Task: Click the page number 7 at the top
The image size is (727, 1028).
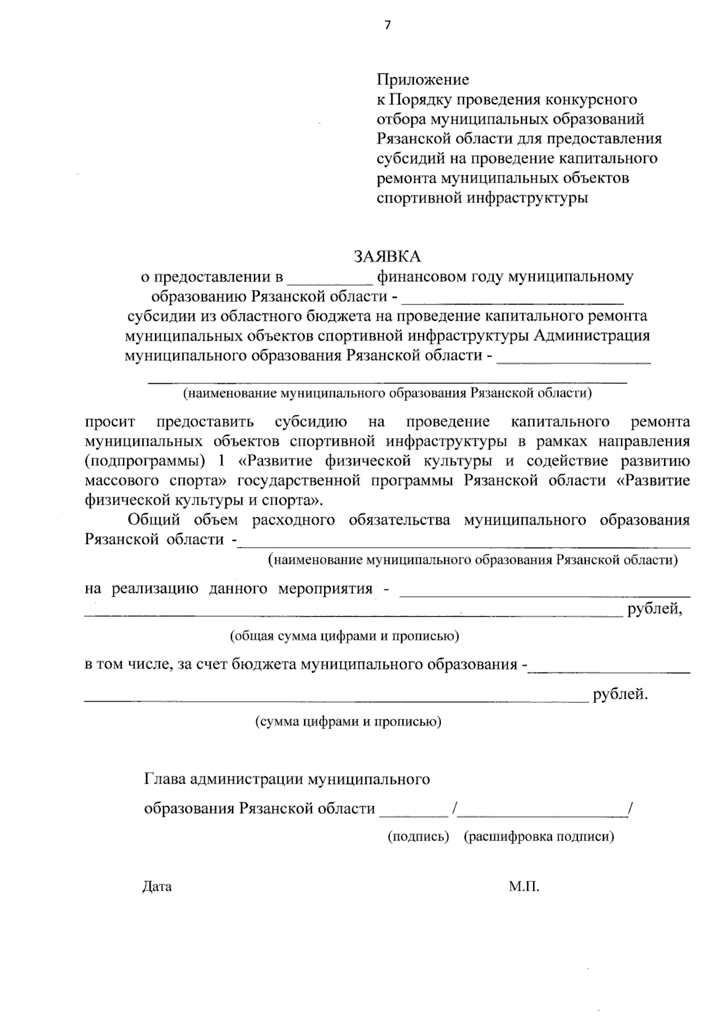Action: [x=388, y=25]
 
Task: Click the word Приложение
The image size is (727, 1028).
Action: [x=423, y=79]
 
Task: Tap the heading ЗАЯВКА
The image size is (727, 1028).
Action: [x=387, y=257]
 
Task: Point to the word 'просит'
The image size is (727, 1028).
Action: [x=110, y=422]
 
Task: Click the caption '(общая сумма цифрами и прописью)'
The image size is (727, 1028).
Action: [x=344, y=636]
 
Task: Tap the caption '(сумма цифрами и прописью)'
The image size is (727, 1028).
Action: [x=348, y=722]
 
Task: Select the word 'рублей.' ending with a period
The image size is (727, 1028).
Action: [x=620, y=694]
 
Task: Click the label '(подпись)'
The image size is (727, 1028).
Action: [x=418, y=837]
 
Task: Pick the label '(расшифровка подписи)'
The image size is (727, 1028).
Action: [x=539, y=837]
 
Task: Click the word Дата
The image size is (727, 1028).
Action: [x=157, y=887]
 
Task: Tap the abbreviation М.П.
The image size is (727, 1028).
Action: [x=524, y=887]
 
